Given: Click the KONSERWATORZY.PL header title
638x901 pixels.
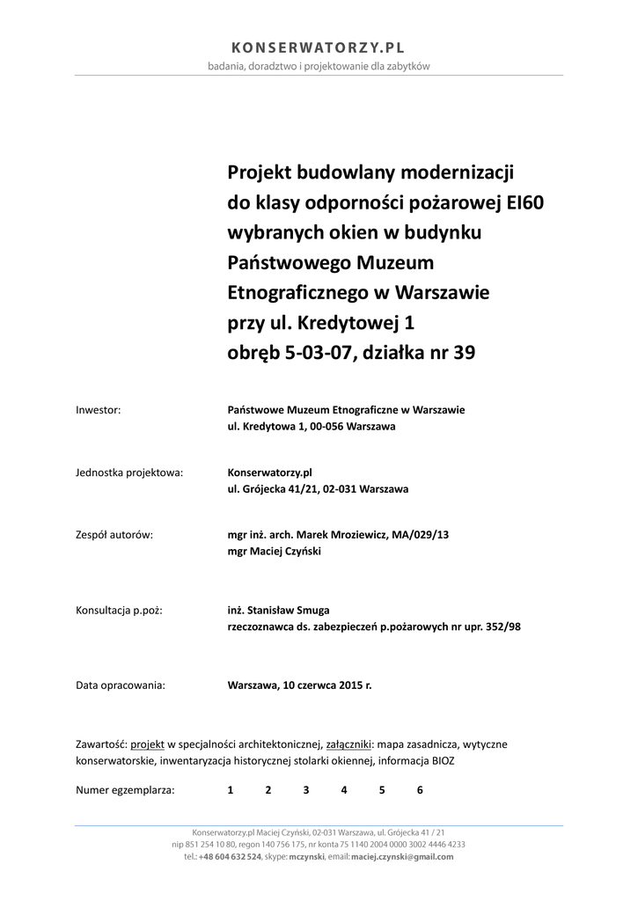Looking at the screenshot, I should pos(319,48).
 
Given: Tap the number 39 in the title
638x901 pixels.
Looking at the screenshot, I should pos(463,353).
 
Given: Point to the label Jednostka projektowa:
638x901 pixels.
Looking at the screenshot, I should pos(129,472).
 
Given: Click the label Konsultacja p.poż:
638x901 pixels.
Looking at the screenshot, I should pos(120,610).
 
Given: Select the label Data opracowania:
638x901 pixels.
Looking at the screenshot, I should pos(121,685).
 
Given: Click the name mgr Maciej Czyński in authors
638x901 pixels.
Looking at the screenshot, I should pos(274,552).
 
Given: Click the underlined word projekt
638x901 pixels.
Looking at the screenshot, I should pos(148,744).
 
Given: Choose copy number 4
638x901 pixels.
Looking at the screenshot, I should pos(344,790).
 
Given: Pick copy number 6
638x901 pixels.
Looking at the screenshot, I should pos(420,790).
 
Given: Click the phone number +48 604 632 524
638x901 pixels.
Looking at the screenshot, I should pos(230,856).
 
